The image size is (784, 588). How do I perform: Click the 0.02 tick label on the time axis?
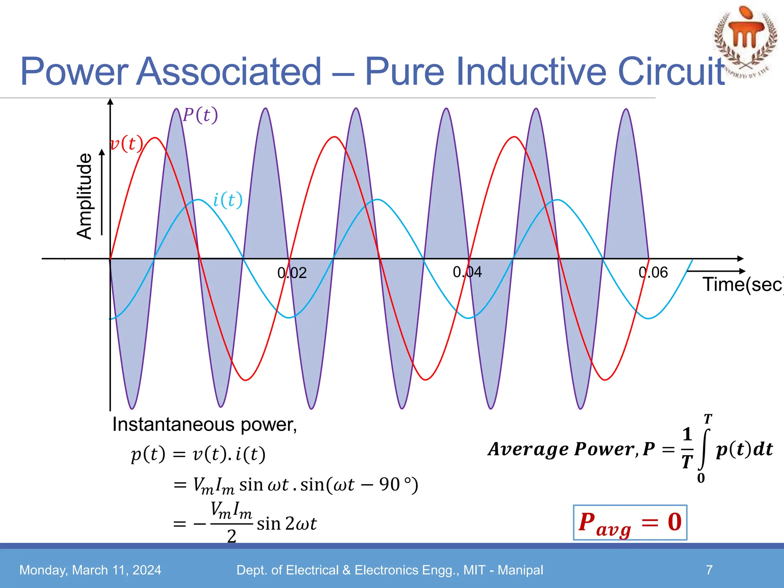[x=292, y=273]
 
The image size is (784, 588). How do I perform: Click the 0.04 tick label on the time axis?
[x=467, y=272]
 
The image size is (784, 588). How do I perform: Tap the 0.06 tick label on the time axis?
[x=653, y=273]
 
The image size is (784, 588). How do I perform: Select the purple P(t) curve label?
[x=200, y=115]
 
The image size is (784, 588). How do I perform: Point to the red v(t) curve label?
[x=127, y=144]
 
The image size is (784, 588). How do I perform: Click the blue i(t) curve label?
[x=227, y=200]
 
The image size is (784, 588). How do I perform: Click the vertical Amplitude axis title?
[x=85, y=196]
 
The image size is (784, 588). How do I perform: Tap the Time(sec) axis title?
[x=742, y=285]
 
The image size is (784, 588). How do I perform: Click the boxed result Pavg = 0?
[x=630, y=523]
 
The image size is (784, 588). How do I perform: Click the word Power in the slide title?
[x=74, y=72]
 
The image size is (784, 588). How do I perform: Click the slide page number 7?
[x=709, y=570]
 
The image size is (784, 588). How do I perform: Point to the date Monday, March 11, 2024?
[x=90, y=570]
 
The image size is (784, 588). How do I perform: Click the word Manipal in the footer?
[x=520, y=570]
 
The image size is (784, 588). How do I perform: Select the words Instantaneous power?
[x=204, y=425]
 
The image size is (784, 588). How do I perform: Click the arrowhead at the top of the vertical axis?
[x=110, y=101]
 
